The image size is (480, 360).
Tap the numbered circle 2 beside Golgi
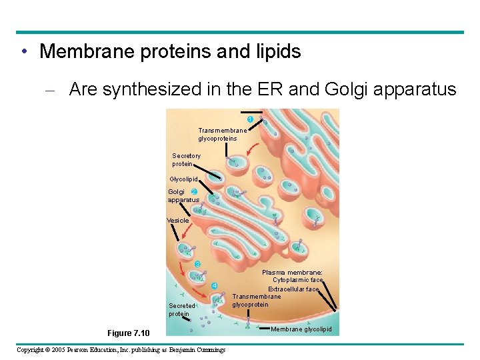coord(193,192)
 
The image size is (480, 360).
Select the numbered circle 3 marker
coord(197,264)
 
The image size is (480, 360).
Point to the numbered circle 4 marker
coord(214,286)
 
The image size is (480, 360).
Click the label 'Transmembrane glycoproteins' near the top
coord(222,135)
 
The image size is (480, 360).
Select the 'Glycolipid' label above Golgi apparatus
coord(183,179)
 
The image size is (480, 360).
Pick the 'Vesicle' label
coord(177,220)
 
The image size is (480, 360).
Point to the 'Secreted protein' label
coord(181,310)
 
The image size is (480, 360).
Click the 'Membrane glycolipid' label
coord(301,329)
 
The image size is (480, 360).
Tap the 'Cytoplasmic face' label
coord(297,280)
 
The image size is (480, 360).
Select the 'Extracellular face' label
coord(294,289)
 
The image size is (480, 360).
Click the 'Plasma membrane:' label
coord(292,272)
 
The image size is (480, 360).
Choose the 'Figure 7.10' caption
coord(129,333)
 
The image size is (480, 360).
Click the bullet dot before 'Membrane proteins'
coord(23,51)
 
